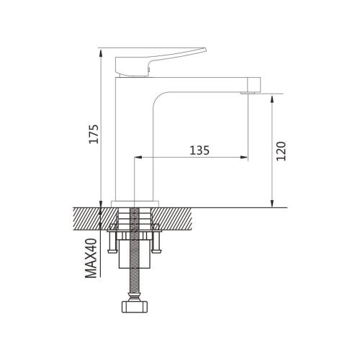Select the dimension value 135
199,150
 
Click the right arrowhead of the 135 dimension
246,158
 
